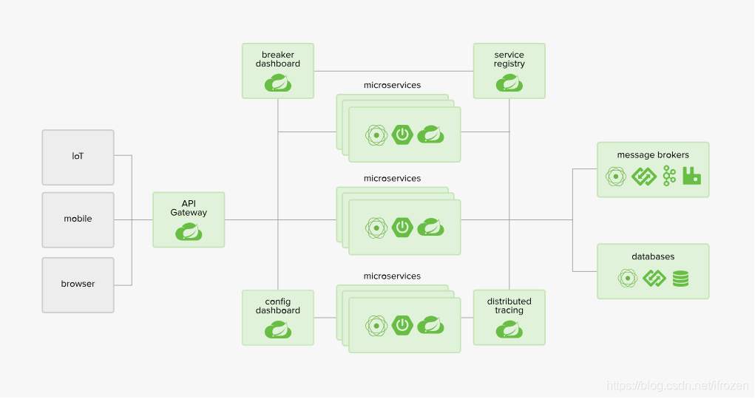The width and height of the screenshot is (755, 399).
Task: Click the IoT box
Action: pos(78,157)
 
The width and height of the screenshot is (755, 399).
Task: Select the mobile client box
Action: pos(78,219)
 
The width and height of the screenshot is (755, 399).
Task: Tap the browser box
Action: pos(78,284)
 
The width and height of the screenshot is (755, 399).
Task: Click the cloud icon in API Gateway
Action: pos(189,233)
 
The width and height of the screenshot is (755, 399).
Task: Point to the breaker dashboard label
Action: pos(278,59)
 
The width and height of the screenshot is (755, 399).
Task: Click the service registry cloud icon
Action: pos(509,83)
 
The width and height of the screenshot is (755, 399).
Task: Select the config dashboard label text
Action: pos(278,306)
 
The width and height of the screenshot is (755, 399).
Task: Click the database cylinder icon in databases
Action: pos(680,279)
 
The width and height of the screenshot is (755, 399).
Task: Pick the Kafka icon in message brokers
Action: pos(669,176)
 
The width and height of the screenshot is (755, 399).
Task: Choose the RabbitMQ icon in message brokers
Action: pos(692,176)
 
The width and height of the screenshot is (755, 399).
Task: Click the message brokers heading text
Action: pos(653,155)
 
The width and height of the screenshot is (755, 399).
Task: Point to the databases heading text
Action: pos(653,257)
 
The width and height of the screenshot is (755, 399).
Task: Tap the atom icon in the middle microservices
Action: pos(377,227)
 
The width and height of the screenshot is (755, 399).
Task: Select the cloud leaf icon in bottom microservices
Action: pos(430,324)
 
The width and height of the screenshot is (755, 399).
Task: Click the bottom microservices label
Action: pos(392,276)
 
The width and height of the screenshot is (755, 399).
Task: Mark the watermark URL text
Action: pos(677,386)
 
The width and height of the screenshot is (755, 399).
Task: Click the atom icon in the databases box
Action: pos(628,279)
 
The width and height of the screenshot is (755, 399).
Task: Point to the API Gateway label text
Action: pos(189,208)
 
